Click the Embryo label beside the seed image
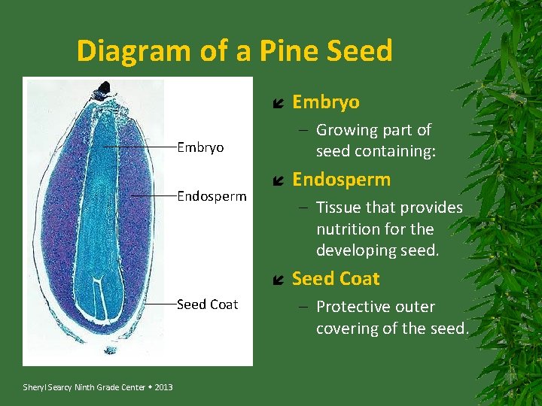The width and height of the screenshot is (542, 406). (x=200, y=147)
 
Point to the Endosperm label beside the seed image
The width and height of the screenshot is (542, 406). (x=212, y=196)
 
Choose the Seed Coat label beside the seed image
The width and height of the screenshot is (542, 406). (x=207, y=304)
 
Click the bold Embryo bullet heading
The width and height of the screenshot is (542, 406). (x=325, y=101)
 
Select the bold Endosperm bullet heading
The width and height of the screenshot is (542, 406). (x=341, y=180)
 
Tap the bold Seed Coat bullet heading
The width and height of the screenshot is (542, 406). (x=336, y=279)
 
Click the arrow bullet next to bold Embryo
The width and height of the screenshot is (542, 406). (x=277, y=103)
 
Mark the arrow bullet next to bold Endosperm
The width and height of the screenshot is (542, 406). (x=277, y=181)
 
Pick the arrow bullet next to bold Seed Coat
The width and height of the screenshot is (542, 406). (x=277, y=280)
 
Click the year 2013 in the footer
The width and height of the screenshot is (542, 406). (x=164, y=387)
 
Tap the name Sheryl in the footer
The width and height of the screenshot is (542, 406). (x=35, y=387)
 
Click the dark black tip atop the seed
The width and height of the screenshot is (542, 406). (x=103, y=89)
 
